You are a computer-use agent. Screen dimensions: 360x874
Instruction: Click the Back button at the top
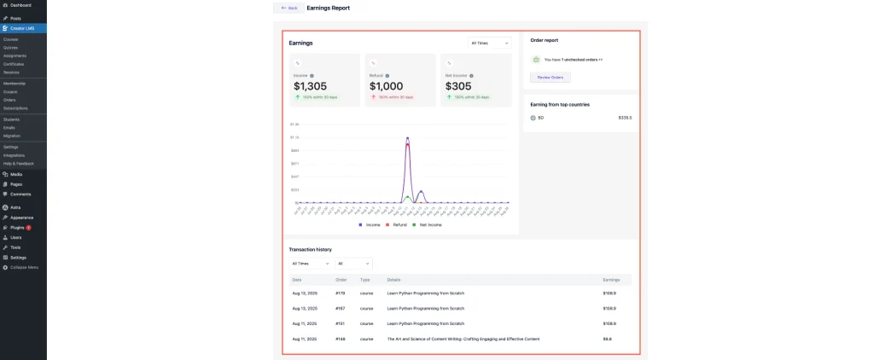[288, 8]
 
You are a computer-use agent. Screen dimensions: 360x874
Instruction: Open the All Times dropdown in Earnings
[490, 43]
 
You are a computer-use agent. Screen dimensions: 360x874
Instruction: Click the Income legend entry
[370, 224]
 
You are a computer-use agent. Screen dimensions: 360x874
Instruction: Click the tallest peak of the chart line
[408, 137]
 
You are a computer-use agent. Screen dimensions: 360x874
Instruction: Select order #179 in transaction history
[341, 293]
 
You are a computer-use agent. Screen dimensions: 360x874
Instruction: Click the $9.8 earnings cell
[607, 339]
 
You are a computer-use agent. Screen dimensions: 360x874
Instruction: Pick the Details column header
[393, 279]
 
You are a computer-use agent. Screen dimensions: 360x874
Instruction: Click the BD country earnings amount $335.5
[625, 118]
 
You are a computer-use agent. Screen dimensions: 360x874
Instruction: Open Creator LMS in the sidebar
[22, 28]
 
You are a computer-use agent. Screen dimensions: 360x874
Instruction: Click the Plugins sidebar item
[17, 228]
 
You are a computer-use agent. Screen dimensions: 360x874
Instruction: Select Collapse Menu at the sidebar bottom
[24, 267]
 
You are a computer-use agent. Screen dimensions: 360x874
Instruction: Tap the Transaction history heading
[310, 249]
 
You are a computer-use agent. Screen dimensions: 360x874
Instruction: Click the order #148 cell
[341, 339]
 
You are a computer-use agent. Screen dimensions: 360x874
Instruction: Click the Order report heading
[545, 40]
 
